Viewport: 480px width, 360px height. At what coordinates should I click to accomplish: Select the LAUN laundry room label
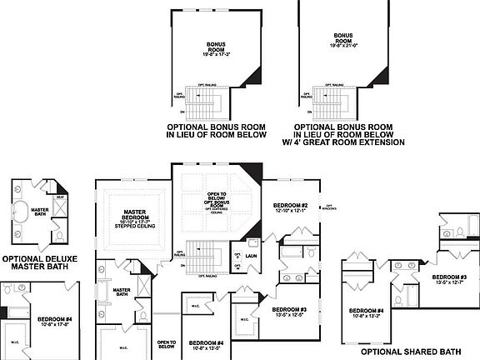[x=252, y=257]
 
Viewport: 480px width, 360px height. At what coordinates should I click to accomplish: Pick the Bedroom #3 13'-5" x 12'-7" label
[x=448, y=279]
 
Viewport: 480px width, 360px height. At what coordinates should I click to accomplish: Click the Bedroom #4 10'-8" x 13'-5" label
[x=206, y=346]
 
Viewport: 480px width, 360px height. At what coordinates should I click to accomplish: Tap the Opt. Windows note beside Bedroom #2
[x=330, y=207]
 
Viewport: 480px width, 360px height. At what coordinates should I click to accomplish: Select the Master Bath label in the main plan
[x=121, y=291]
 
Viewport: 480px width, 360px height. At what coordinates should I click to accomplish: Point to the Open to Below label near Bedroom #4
[x=166, y=344]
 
